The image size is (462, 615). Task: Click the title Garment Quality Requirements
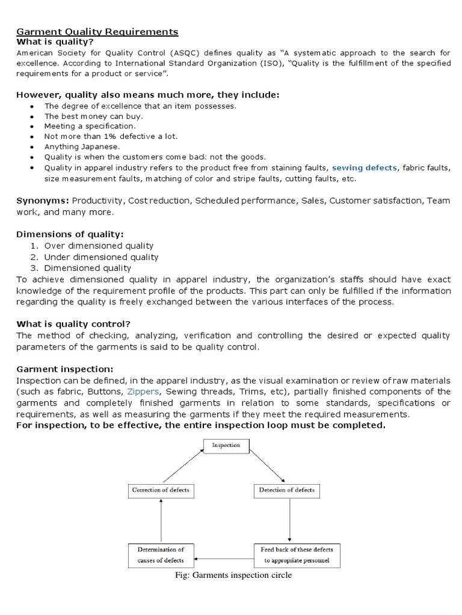(x=97, y=31)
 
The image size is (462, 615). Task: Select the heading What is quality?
(x=55, y=42)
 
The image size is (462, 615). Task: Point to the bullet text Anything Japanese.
(x=82, y=147)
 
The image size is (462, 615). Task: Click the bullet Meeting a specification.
(x=90, y=126)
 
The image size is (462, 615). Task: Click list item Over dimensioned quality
(x=99, y=246)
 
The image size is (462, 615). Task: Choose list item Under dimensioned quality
(x=101, y=257)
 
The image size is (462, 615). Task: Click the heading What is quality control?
(x=74, y=324)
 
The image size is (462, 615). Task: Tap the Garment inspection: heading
(x=64, y=369)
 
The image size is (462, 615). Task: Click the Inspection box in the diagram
(x=226, y=446)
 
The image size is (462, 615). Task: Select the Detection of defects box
(x=286, y=491)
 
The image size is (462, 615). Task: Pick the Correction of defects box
(x=160, y=491)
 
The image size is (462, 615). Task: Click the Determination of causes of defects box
(x=160, y=555)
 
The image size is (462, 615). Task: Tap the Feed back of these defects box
(x=292, y=555)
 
